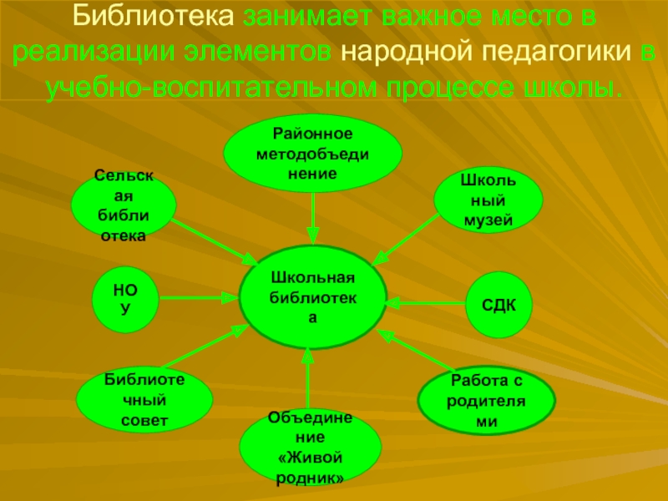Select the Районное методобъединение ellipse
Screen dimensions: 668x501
312,153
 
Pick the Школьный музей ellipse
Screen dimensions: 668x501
488,199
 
